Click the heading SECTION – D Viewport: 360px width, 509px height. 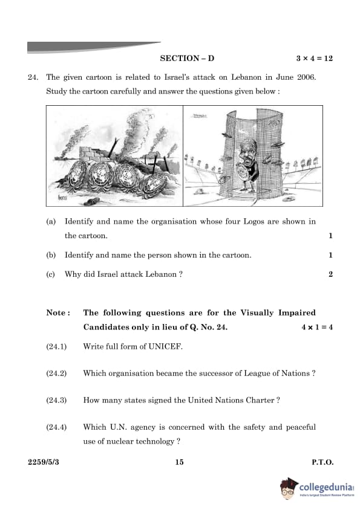tap(187, 59)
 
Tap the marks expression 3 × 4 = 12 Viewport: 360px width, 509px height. tap(314, 59)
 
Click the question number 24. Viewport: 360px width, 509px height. tap(33, 77)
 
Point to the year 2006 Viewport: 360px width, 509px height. tap(306, 77)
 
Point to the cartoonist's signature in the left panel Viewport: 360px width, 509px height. tap(62, 196)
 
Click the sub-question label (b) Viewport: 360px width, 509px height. tap(51, 255)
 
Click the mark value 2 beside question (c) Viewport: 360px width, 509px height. tap(330, 274)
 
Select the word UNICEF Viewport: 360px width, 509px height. tap(165, 346)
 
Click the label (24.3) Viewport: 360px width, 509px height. tap(56, 400)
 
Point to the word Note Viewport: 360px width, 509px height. tap(56, 313)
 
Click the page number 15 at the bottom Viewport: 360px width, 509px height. tap(179, 462)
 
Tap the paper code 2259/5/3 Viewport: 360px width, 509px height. tap(44, 462)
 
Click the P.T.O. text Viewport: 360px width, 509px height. tap(322, 462)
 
